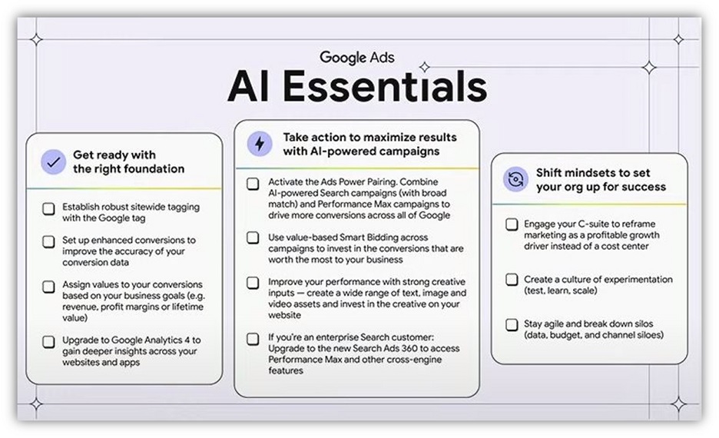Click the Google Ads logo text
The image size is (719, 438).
(357, 57)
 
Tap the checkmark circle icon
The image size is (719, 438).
(53, 162)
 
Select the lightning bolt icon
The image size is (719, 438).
(259, 144)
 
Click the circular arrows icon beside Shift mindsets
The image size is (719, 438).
(515, 180)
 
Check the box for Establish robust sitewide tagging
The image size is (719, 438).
(49, 207)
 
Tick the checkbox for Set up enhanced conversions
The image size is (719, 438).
(49, 241)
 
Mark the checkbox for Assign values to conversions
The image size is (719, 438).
(49, 285)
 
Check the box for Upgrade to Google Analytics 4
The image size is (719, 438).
(49, 340)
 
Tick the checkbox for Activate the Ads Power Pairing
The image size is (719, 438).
(253, 184)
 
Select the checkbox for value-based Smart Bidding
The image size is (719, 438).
(253, 238)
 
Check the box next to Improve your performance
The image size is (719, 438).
(253, 283)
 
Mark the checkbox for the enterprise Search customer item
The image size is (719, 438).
(253, 338)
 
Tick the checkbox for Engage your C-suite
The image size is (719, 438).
(512, 224)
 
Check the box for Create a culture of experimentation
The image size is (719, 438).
(512, 280)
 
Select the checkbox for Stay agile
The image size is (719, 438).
(512, 324)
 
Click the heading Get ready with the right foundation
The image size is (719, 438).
(128, 162)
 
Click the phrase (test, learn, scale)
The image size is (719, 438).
(562, 291)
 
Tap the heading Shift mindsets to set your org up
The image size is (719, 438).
(601, 180)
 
